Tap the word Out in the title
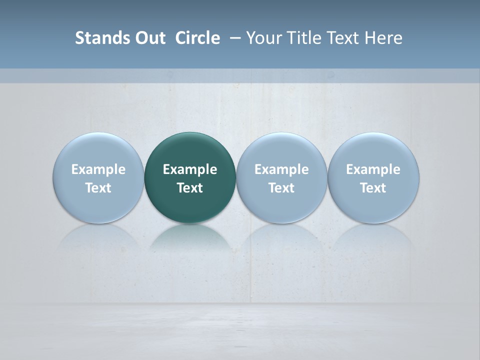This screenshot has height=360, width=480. [148, 38]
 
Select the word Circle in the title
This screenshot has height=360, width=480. [197, 38]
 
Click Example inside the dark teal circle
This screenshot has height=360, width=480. [190, 169]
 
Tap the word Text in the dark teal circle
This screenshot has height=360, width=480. [190, 188]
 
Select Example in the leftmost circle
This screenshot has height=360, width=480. [98, 169]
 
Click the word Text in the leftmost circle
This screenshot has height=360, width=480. [98, 188]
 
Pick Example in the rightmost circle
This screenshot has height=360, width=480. [373, 169]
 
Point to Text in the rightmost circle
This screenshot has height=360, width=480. [373, 188]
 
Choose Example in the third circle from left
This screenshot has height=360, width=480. [281, 169]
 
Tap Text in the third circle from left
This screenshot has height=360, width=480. [281, 188]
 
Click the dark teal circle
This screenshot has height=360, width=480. [190, 150]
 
